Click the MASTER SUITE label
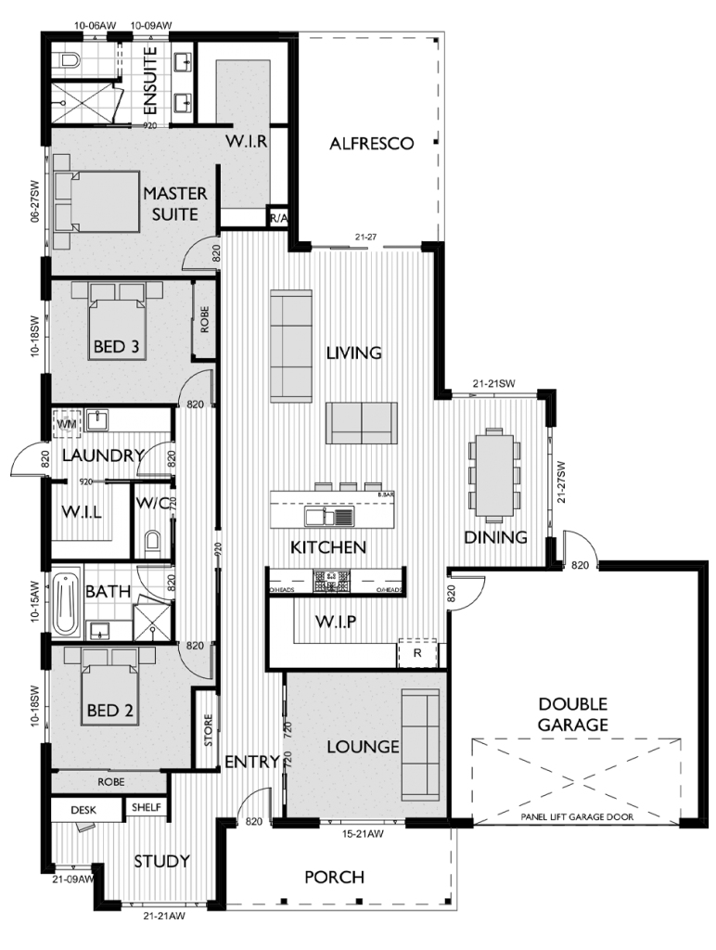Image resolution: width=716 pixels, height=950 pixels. (x=174, y=204)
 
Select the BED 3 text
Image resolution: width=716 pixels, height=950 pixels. (x=116, y=348)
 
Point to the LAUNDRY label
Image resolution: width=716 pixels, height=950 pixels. (x=103, y=456)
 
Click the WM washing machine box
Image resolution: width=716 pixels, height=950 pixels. (x=67, y=423)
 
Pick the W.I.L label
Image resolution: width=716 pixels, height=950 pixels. (x=82, y=512)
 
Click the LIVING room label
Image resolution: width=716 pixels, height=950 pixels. (x=353, y=353)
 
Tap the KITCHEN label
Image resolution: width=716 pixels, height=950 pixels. (x=328, y=547)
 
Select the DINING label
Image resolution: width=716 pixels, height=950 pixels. (x=495, y=537)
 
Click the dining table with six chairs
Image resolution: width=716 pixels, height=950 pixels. (x=493, y=475)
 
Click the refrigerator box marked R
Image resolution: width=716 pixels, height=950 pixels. (x=418, y=653)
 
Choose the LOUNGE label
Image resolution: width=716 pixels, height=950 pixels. (x=363, y=747)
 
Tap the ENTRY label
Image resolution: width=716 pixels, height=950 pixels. (x=252, y=763)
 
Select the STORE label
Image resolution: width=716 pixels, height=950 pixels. (x=208, y=730)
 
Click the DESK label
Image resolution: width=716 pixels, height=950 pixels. (x=83, y=810)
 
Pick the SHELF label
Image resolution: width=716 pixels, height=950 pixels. (x=147, y=808)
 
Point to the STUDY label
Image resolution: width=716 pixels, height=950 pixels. (x=161, y=861)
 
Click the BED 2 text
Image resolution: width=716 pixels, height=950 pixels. (x=109, y=711)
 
